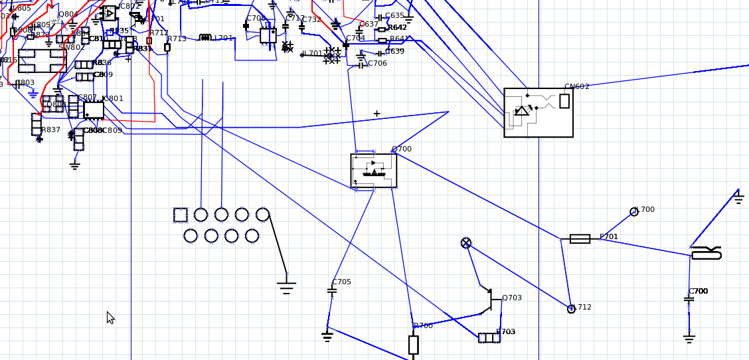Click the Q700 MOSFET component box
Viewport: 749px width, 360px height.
[374, 171]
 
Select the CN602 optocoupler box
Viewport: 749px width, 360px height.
[539, 112]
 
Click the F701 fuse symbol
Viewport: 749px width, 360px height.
[580, 238]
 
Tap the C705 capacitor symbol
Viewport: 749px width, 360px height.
[332, 290]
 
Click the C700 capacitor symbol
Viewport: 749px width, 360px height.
[689, 300]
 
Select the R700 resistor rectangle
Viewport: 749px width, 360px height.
[413, 345]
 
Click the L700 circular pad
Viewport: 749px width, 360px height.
[634, 212]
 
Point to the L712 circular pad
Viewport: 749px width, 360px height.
[571, 309]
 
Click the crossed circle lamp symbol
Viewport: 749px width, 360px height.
[466, 243]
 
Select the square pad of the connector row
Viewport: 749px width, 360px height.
[181, 215]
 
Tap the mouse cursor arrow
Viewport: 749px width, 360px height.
[110, 317]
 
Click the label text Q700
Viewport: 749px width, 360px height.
[401, 149]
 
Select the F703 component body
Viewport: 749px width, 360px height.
[489, 337]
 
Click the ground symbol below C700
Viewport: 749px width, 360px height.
[689, 338]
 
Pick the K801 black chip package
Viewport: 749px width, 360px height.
[94, 110]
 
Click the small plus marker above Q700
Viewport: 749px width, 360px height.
[376, 114]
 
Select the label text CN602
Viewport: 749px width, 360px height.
[576, 86]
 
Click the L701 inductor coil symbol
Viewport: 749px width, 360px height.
[205, 38]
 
